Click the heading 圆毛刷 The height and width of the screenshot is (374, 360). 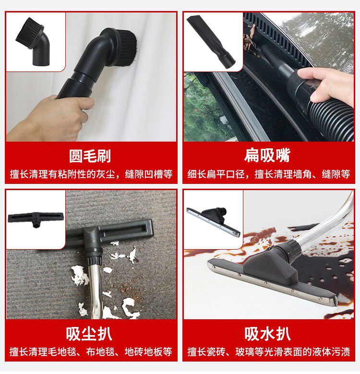coord(90,156)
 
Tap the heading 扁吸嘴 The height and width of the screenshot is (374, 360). coord(267,155)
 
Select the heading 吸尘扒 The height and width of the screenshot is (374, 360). coord(89,334)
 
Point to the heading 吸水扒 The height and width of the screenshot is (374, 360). coord(267,334)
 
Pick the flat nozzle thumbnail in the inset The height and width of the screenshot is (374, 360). coord(211,42)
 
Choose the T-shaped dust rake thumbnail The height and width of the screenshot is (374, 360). coord(36,218)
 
